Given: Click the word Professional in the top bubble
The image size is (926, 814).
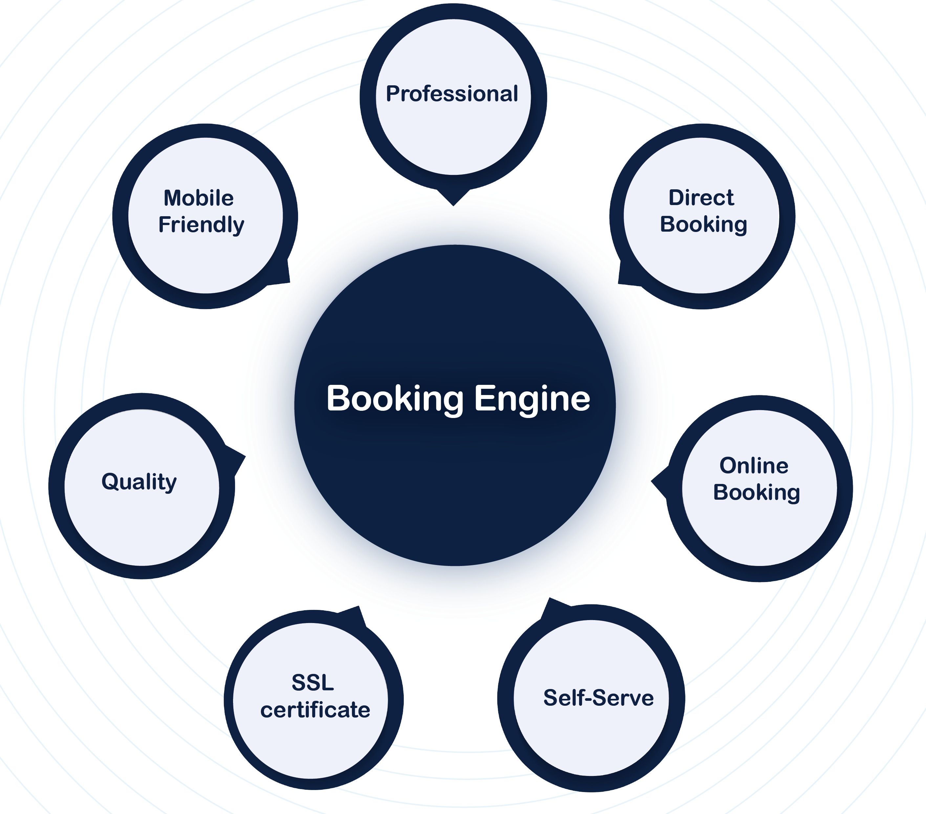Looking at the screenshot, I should pyautogui.click(x=452, y=94).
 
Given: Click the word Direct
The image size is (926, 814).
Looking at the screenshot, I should pyautogui.click(x=701, y=198).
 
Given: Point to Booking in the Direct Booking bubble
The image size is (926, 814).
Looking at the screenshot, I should pyautogui.click(x=703, y=224).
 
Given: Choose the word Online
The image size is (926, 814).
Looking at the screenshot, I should pyautogui.click(x=754, y=466).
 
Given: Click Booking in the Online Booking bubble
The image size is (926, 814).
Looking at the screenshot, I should pyautogui.click(x=756, y=492).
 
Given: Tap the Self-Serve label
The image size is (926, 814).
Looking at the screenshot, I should pyautogui.click(x=598, y=698).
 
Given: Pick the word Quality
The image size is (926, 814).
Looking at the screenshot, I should pyautogui.click(x=139, y=482).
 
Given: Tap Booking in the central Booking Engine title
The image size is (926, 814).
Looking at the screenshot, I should pyautogui.click(x=395, y=399).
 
